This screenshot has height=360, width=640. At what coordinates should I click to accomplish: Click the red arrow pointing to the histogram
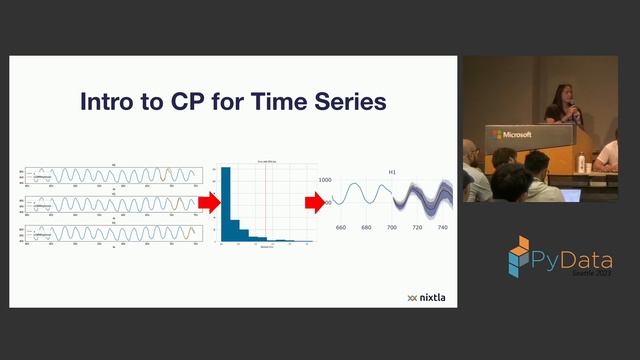click(208, 203)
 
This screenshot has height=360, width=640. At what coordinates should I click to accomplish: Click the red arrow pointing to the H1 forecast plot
click(316, 203)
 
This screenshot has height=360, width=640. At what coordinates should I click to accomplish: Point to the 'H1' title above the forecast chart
click(392, 172)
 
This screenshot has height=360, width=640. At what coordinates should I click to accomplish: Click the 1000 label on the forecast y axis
click(325, 180)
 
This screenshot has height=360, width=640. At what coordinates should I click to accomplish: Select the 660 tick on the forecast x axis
click(341, 228)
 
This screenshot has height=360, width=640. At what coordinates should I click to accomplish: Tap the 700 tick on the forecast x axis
click(392, 228)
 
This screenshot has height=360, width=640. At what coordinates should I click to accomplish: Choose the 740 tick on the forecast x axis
click(443, 228)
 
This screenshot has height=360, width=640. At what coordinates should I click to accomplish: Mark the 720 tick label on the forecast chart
click(418, 228)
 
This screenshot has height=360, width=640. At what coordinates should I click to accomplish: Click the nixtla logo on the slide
click(427, 297)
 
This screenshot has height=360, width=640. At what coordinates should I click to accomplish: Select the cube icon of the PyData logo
click(518, 257)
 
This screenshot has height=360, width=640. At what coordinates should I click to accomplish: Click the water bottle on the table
click(581, 161)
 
